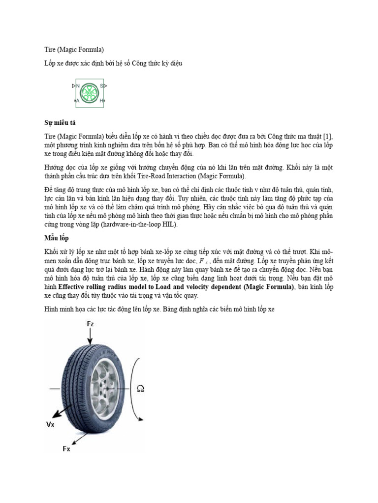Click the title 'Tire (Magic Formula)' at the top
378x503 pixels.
click(x=71, y=49)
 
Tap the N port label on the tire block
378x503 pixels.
click(x=77, y=86)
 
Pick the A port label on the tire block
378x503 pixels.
click(x=78, y=101)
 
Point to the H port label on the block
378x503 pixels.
click(x=101, y=101)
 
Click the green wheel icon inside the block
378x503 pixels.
click(x=90, y=93)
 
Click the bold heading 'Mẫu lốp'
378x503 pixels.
click(x=54, y=238)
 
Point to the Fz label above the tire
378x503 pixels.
click(x=91, y=324)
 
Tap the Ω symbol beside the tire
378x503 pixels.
click(x=140, y=389)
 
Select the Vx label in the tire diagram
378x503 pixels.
click(x=51, y=424)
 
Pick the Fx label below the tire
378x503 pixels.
click(x=66, y=448)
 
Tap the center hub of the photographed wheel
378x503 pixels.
click(x=108, y=388)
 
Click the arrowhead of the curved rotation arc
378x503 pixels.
click(x=141, y=419)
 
